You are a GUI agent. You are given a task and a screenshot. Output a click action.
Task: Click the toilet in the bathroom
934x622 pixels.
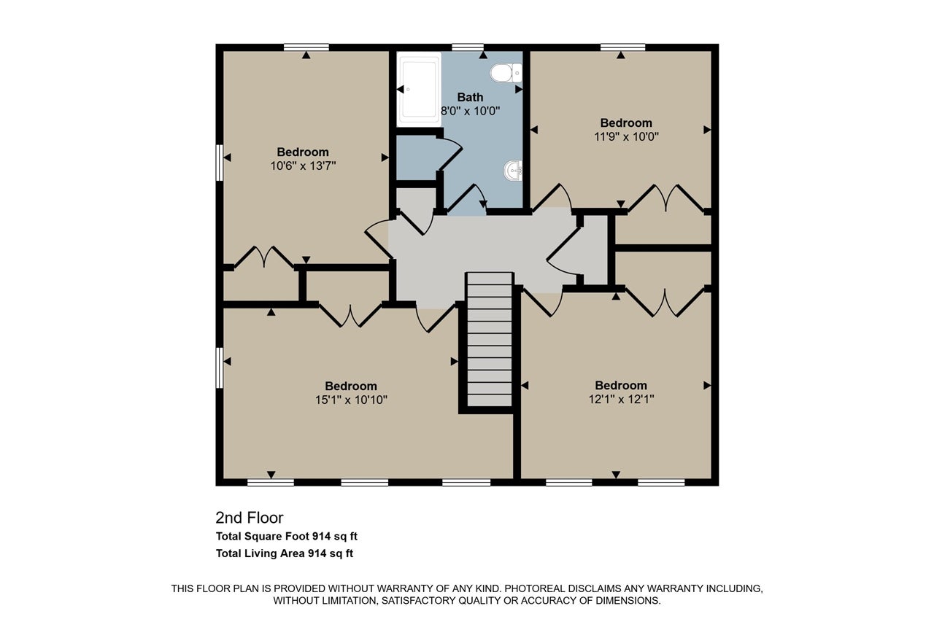(x=506, y=73)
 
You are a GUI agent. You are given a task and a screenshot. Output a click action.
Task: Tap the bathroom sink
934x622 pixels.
(x=513, y=171)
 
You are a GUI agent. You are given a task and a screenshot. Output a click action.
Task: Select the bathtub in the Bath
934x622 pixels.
(x=419, y=89)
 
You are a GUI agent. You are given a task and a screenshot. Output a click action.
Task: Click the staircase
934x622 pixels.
(x=489, y=340)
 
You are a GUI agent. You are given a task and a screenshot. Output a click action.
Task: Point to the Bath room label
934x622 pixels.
(x=470, y=97)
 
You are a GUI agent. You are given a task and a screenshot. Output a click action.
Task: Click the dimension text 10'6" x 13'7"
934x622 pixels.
(x=303, y=166)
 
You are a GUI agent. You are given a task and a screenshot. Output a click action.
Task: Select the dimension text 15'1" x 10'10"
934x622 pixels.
(x=351, y=400)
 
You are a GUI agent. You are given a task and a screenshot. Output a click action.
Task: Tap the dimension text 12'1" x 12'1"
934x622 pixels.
(x=621, y=399)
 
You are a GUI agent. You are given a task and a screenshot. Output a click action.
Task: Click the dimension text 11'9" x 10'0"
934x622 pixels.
(x=626, y=136)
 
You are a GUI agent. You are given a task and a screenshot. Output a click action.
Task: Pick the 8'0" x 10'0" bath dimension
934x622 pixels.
(x=471, y=112)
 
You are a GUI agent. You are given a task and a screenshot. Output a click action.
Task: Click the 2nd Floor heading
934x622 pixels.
(x=250, y=518)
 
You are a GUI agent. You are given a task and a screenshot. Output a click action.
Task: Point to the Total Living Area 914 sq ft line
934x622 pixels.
(x=285, y=553)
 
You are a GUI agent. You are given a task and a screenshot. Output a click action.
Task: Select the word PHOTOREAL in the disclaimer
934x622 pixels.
(x=536, y=588)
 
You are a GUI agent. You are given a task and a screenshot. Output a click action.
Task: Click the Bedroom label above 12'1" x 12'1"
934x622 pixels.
(x=621, y=385)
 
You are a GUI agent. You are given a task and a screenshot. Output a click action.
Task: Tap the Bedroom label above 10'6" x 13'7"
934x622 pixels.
(x=303, y=152)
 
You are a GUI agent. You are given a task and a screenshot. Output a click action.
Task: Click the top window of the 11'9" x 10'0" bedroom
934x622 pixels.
(x=622, y=47)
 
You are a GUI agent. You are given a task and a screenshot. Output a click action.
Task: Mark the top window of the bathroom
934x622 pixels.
(x=468, y=47)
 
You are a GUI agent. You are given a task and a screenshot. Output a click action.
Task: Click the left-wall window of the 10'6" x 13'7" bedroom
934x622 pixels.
(x=220, y=163)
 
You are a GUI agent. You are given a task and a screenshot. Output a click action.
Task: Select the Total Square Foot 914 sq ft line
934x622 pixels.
(x=287, y=536)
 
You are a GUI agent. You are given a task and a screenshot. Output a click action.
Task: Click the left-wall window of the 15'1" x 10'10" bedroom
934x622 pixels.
(x=220, y=368)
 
